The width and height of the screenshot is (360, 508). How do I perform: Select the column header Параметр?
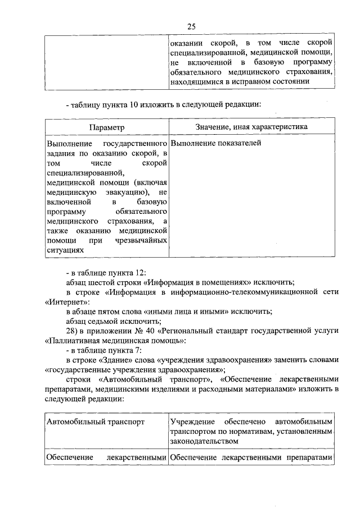pos(106,127)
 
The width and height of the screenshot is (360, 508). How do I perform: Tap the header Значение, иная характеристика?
pos(251,127)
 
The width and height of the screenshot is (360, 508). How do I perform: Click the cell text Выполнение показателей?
pos(216,144)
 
